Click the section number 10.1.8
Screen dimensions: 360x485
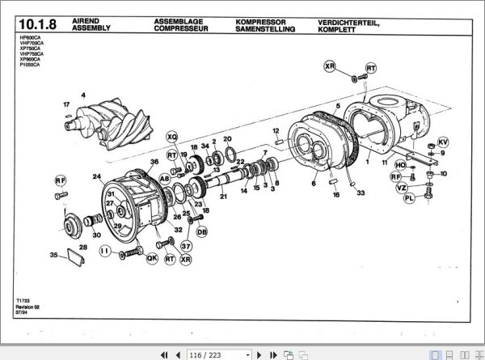coord(36,24)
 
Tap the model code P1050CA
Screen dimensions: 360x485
coord(27,64)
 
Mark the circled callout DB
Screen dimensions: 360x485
coord(202,232)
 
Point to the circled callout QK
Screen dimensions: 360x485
coord(151,258)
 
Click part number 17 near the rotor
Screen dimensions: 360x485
coord(66,105)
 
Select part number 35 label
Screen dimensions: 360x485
coord(54,255)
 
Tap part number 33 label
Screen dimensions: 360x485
coord(361,193)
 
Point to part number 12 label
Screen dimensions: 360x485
coord(276,130)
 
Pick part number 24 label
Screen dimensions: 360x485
coord(96,176)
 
